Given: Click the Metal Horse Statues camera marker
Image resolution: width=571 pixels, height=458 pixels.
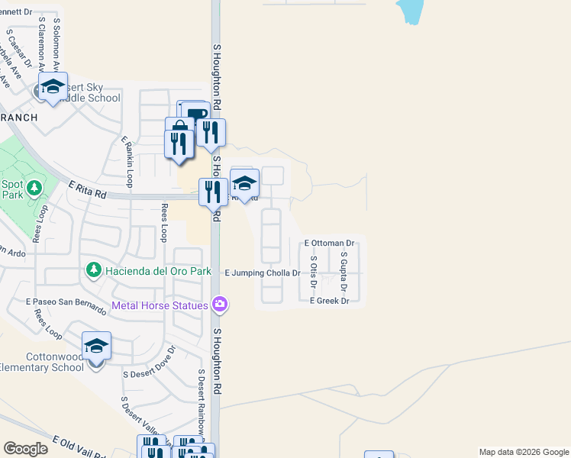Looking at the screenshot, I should point(220,305).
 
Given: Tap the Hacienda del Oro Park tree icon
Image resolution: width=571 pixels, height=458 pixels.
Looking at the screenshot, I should point(93,270).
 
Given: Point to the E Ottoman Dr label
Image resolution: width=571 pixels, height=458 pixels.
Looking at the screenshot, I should point(330,243).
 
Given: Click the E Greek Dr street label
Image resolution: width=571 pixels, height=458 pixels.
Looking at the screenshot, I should point(329,301).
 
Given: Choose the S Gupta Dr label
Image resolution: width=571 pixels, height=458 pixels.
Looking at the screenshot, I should point(344,275).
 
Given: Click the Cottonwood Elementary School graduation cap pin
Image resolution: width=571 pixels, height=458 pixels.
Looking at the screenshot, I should point(96,347).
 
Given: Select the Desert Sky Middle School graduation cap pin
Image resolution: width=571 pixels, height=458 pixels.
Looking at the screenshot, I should point(53,88).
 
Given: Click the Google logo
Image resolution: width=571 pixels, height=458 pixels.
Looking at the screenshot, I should point(25,448).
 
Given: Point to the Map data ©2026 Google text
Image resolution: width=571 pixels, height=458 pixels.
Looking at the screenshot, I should point(523,452).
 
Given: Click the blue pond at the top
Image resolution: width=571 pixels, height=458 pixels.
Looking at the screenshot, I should point(410,11).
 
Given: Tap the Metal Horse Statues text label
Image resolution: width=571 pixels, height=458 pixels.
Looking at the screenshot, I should point(160,306).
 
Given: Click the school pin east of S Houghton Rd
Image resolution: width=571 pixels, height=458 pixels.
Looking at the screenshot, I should point(244,184).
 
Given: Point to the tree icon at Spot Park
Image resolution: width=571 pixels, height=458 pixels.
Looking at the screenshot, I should point(34,188).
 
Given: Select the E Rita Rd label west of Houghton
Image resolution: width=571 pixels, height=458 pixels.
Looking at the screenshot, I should point(86,190).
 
